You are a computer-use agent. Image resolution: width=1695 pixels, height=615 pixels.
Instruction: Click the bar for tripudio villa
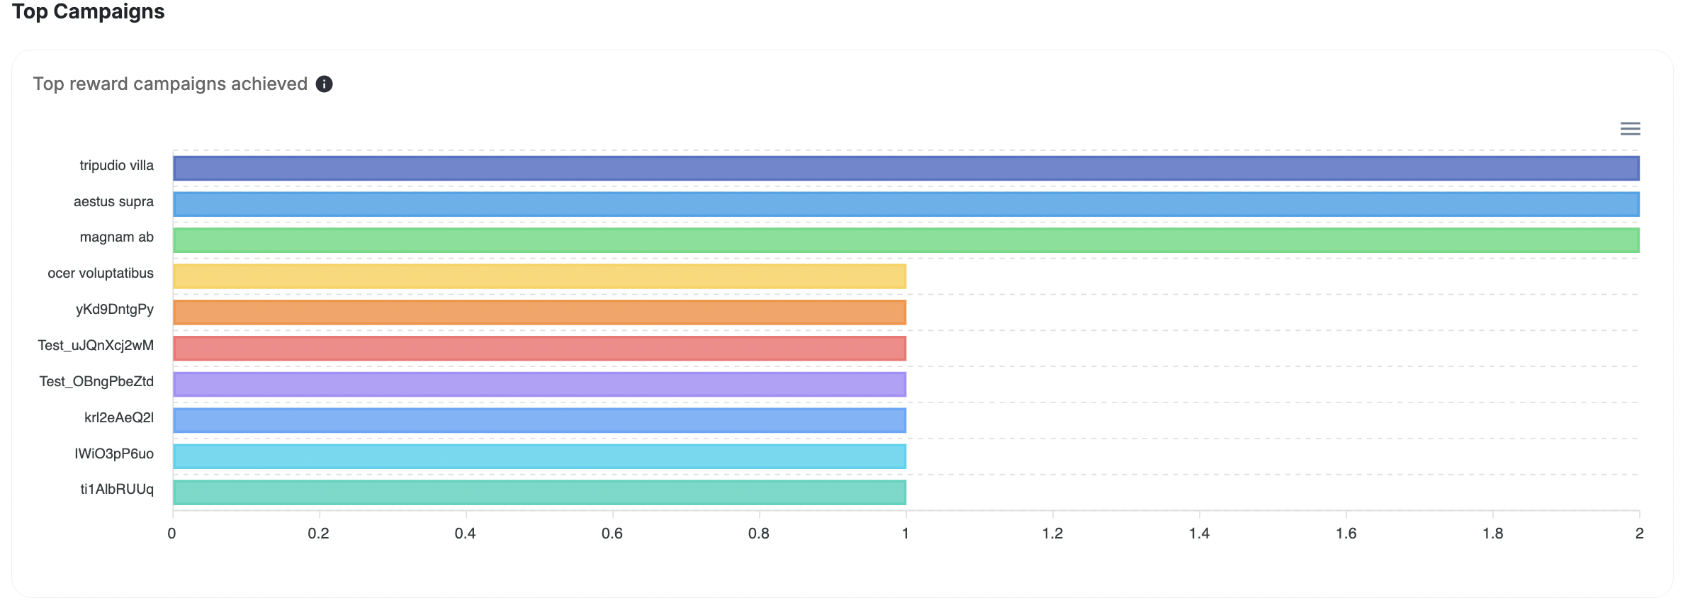point(906,169)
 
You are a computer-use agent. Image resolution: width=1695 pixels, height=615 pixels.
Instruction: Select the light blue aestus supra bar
point(906,204)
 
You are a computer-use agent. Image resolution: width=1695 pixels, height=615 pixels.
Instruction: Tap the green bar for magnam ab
point(906,240)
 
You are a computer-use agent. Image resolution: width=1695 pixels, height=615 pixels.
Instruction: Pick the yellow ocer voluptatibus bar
point(539,276)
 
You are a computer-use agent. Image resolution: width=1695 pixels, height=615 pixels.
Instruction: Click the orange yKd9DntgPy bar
point(539,312)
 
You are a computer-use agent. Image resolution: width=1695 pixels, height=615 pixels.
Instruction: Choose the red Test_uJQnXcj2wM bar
point(539,349)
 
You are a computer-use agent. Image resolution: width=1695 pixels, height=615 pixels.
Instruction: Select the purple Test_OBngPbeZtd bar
point(539,384)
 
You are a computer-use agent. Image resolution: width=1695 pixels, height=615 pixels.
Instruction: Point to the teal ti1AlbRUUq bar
point(539,492)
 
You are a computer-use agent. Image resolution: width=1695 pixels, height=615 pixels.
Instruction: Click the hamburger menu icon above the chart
point(1630,129)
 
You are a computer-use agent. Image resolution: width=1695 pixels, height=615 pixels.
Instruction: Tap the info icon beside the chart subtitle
point(324,84)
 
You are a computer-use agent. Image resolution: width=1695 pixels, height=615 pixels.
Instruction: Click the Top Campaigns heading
point(88,12)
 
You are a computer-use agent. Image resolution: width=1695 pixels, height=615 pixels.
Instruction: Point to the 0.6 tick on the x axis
point(612,534)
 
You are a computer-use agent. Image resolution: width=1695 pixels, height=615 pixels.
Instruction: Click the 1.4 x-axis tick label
point(1199,534)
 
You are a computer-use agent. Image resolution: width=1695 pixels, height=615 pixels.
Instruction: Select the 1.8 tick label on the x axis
point(1492,534)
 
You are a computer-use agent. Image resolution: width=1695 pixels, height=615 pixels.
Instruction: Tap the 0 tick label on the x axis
point(171,534)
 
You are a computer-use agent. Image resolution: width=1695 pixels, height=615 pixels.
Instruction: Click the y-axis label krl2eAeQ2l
point(118,418)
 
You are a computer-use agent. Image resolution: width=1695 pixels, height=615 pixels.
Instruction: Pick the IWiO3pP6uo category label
point(113,454)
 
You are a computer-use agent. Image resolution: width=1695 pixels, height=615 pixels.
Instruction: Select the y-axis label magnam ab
point(116,237)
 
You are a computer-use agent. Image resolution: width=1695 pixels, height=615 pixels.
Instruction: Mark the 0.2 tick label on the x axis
point(318,534)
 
